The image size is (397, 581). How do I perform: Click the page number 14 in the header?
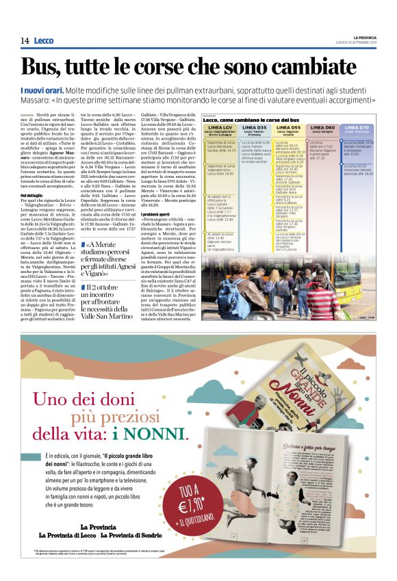pyautogui.click(x=25, y=41)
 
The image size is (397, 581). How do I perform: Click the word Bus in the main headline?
pyautogui.click(x=47, y=66)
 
